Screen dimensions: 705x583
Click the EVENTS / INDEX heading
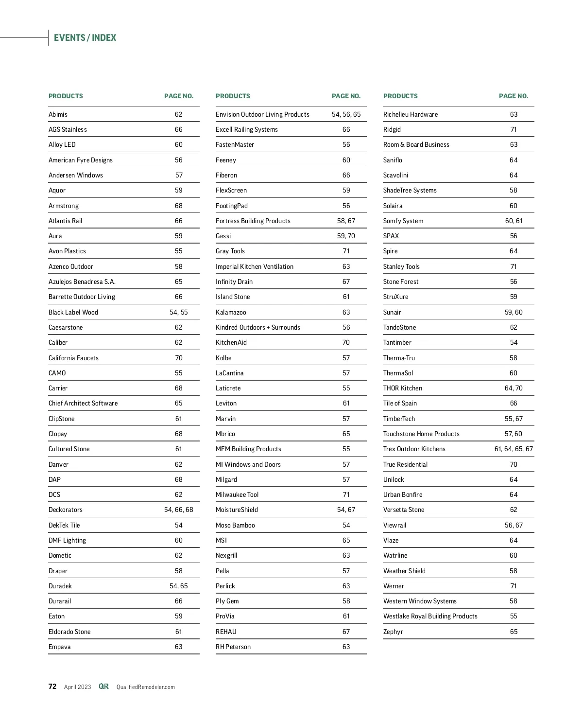[x=85, y=38]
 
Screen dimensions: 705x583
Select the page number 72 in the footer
[x=52, y=687]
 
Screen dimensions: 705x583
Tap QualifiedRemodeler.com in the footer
[x=145, y=687]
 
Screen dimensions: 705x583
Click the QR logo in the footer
[x=103, y=687]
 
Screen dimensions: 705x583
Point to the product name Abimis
[x=58, y=114]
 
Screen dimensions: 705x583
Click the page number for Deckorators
[x=178, y=510]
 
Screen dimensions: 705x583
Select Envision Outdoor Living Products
[x=262, y=114]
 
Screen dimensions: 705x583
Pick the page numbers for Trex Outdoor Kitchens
[x=514, y=449]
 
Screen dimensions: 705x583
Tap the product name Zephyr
[x=393, y=632]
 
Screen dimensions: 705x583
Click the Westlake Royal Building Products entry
[x=430, y=616]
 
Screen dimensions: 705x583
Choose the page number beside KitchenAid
[x=346, y=342]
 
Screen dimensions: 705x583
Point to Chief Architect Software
[x=83, y=403]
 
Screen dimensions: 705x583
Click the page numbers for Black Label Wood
[x=178, y=312]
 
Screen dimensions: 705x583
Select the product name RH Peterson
[x=233, y=647]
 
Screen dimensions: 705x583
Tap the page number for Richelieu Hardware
[x=514, y=114]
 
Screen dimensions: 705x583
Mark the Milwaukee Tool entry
[x=237, y=494]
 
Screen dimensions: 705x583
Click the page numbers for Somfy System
[x=514, y=221]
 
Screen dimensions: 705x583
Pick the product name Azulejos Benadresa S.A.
[x=82, y=282]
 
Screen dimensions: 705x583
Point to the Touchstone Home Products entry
[x=421, y=434]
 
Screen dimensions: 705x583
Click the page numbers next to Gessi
[x=346, y=236]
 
